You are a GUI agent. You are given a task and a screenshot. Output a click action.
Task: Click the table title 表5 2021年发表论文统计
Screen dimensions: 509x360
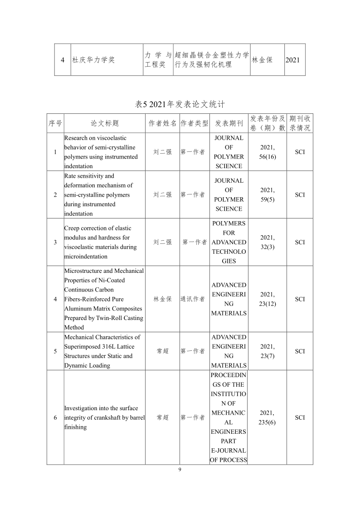pyautogui.click(x=180, y=104)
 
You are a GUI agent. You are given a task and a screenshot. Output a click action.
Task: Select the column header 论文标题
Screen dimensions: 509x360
pyautogui.click(x=105, y=123)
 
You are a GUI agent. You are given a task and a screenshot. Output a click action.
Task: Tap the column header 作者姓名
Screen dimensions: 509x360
pyautogui.click(x=162, y=123)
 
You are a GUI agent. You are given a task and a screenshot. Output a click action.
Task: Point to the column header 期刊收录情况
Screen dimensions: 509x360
pyautogui.click(x=300, y=123)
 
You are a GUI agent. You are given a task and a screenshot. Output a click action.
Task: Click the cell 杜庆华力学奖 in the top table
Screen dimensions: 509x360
pyautogui.click(x=93, y=60)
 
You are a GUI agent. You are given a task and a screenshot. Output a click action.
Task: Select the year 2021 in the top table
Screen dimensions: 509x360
pyautogui.click(x=293, y=60)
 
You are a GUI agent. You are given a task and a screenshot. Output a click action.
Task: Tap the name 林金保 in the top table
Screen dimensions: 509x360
pyautogui.click(x=262, y=60)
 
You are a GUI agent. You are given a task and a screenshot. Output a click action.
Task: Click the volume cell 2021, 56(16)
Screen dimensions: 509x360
pyautogui.click(x=268, y=152)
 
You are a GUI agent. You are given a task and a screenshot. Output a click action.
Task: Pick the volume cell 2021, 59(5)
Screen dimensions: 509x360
pyautogui.click(x=268, y=194)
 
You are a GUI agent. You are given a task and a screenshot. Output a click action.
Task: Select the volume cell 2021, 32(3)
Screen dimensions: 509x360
pyautogui.click(x=268, y=242)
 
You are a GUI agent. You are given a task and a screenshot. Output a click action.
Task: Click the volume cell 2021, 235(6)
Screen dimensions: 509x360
pyautogui.click(x=268, y=417)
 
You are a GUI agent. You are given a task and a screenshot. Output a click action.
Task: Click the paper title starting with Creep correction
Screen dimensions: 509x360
pyautogui.click(x=100, y=242)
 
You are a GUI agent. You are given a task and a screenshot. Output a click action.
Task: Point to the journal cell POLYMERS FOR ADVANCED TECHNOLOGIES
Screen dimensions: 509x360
pyautogui.click(x=229, y=242)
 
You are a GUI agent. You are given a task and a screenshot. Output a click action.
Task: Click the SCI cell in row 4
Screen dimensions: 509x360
pyautogui.click(x=300, y=299)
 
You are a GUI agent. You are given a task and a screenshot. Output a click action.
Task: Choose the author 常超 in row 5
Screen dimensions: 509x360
pyautogui.click(x=162, y=351)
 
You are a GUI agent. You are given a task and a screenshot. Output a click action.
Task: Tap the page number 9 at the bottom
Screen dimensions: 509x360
pyautogui.click(x=180, y=470)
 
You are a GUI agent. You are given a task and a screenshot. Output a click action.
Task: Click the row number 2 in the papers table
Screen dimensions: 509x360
pyautogui.click(x=55, y=194)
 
